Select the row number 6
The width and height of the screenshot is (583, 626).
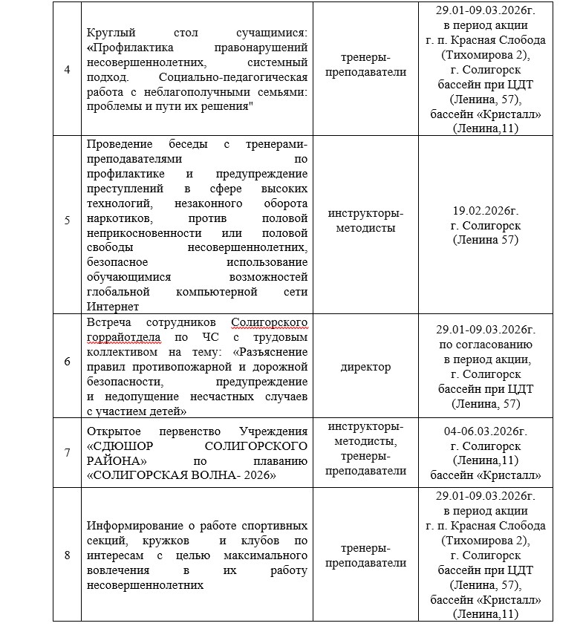click(68, 367)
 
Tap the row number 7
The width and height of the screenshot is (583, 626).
click(68, 453)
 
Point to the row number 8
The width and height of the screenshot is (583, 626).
click(68, 555)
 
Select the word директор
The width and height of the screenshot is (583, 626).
click(366, 367)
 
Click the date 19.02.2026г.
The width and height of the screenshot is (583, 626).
click(486, 210)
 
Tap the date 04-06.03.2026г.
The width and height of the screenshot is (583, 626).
click(486, 431)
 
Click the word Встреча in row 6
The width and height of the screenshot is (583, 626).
click(108, 322)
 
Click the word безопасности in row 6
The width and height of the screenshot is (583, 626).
click(123, 381)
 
